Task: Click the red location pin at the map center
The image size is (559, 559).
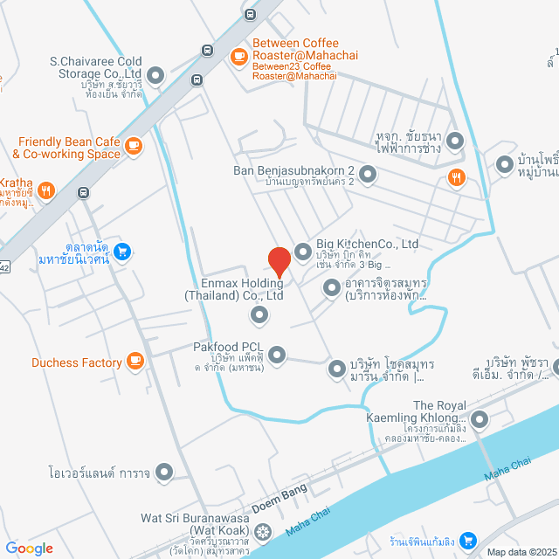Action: [279, 261]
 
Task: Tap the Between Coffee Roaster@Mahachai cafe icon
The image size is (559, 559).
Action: [238, 56]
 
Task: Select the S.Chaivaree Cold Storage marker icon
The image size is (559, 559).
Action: [156, 76]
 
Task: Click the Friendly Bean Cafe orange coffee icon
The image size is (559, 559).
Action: [134, 145]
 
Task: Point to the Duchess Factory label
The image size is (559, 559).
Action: [77, 362]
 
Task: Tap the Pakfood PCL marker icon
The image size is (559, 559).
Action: [277, 355]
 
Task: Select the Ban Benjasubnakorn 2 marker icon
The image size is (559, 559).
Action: [368, 176]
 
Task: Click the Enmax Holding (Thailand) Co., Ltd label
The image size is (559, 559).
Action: [233, 289]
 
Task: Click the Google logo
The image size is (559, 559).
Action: [29, 549]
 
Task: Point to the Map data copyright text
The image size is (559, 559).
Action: [521, 552]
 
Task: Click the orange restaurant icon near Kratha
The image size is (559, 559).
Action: [47, 189]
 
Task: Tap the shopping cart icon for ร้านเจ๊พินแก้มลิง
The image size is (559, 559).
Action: [468, 540]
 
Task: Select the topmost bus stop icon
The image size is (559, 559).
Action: [251, 14]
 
